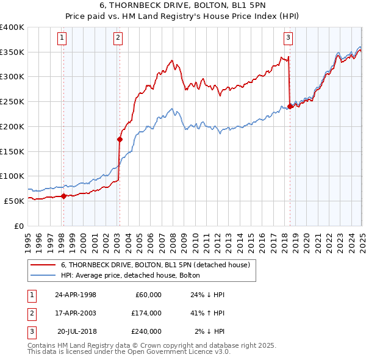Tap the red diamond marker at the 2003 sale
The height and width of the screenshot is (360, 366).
120,139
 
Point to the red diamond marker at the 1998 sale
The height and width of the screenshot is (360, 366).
63,195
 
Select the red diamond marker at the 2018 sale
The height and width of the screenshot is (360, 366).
290,106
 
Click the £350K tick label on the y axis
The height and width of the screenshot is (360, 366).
12,52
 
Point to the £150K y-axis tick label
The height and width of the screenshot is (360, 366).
12,151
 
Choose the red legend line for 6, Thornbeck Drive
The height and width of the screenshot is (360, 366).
43,265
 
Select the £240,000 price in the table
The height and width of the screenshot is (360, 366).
146,331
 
